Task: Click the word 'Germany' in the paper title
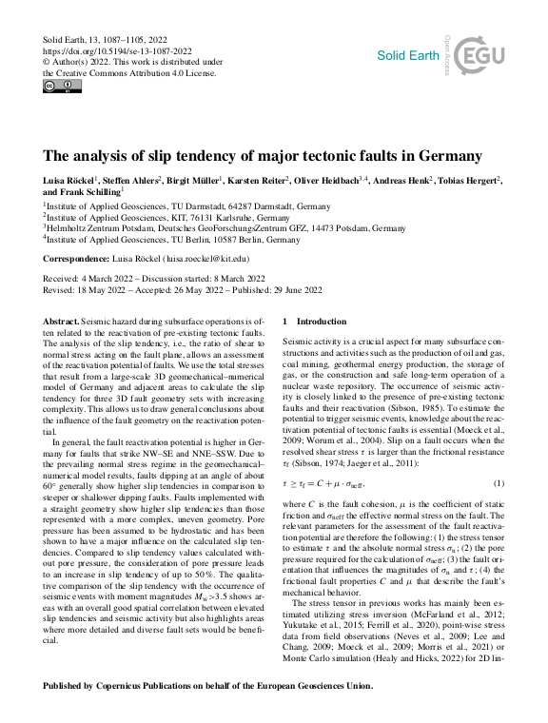pyautogui.click(x=447, y=155)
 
